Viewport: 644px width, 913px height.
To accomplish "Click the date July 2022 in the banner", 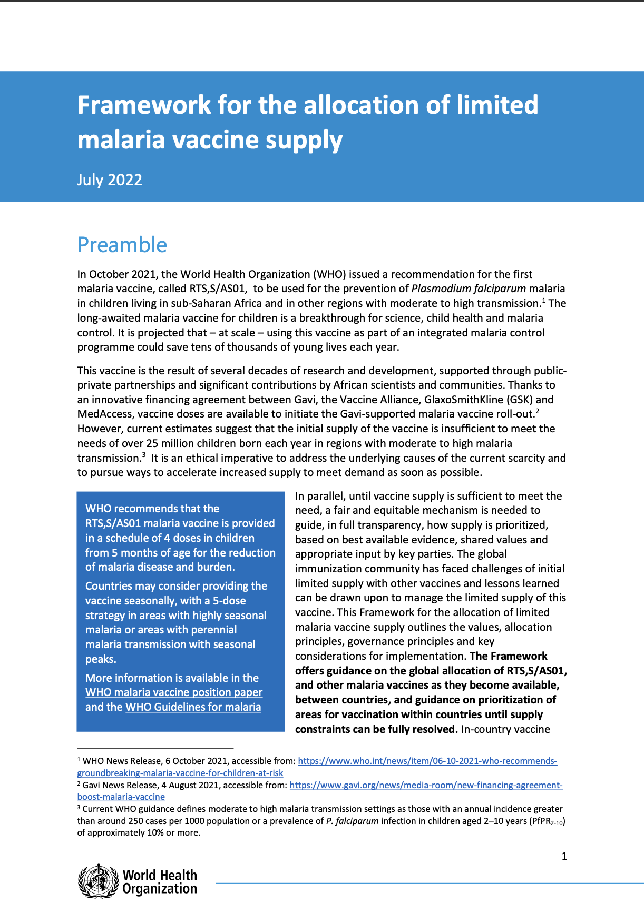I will pos(110,180).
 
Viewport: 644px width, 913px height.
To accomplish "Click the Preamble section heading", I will pos(122,245).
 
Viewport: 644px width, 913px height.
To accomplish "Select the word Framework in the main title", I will pos(143,105).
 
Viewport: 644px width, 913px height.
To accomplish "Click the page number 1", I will pos(564,856).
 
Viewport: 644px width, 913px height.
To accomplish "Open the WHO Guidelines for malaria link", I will pos(193,707).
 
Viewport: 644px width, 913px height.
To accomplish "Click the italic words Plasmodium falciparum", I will pos(469,289).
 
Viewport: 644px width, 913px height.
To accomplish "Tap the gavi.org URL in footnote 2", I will pos(426,785).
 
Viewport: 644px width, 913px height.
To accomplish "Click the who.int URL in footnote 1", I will pos(427,761).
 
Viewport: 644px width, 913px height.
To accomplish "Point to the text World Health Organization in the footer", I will pos(160,882).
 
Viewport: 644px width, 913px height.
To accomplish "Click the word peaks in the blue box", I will pos(100,659).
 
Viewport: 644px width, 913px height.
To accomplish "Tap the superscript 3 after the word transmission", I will pos(143,455).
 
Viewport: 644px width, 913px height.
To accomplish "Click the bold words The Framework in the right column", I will pos(508,656).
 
